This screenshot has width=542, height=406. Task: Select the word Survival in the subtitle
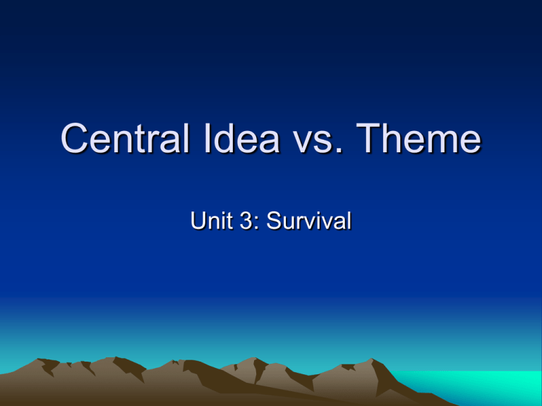point(308,223)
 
